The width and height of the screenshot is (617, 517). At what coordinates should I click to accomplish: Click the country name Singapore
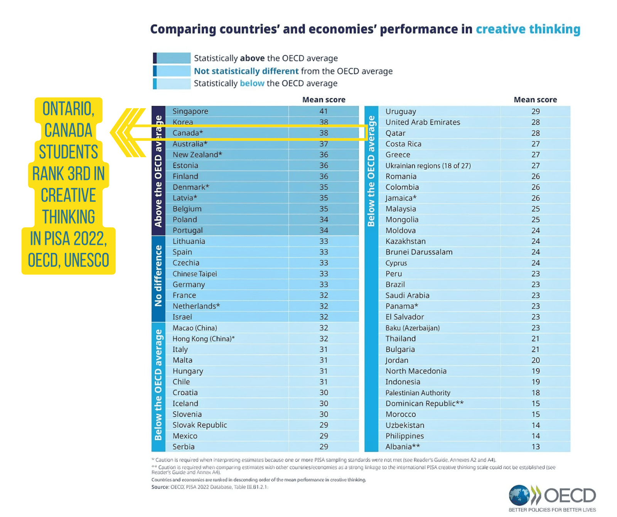pos(190,111)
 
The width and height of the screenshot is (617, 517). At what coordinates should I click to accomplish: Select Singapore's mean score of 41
pos(324,111)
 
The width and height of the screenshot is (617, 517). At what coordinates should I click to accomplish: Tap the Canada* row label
pos(188,133)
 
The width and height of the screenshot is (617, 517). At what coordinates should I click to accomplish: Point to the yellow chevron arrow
pos(127,133)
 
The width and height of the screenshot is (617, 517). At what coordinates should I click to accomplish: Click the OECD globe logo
pos(519,495)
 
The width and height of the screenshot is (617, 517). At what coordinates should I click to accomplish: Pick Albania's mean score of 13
pos(536,447)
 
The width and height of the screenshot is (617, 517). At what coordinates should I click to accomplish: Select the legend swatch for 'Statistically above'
pos(172,58)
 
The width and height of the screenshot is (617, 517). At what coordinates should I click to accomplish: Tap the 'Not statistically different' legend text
pos(246,71)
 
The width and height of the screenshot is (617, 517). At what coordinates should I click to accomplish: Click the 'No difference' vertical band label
pos(158,276)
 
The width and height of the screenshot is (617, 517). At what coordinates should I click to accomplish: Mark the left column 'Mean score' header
pos(324,100)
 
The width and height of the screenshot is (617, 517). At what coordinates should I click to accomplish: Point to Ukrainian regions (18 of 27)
pos(428,166)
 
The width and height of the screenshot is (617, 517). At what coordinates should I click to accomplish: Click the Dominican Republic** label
pos(425,404)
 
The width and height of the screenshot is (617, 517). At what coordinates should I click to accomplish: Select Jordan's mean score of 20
pos(536,360)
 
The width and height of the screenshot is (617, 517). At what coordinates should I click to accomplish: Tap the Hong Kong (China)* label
pos(204,339)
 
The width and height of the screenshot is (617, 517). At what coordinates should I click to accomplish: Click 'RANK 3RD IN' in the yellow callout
pos(69,174)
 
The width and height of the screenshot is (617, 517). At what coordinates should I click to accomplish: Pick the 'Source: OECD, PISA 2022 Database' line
pos(209,487)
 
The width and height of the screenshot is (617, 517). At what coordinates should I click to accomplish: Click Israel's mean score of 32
pos(324,317)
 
